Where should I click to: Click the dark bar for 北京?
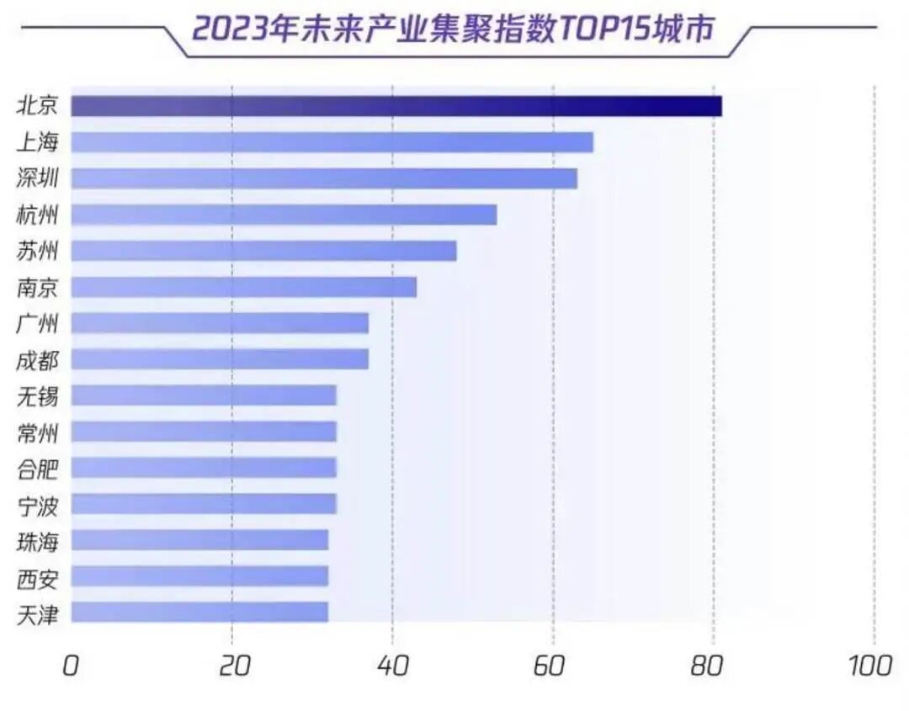[x=396, y=106]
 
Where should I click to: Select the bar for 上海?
[x=332, y=142]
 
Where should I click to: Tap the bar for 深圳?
[x=323, y=178]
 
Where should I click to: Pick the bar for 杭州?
[x=284, y=215]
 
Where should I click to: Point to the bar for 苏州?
[x=263, y=251]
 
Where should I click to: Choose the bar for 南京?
[x=243, y=287]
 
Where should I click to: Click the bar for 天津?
[x=199, y=612]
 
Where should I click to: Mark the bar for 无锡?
[x=204, y=395]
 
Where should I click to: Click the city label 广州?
[x=38, y=323]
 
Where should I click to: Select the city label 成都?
[x=38, y=359]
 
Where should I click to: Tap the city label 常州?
[x=38, y=432]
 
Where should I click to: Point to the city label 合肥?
[x=38, y=468]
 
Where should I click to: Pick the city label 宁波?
[x=38, y=504]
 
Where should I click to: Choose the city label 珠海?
[x=38, y=540]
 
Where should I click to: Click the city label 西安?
[x=38, y=576]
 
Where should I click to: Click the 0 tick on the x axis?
[x=71, y=666]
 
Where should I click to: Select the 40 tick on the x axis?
[x=392, y=666]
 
